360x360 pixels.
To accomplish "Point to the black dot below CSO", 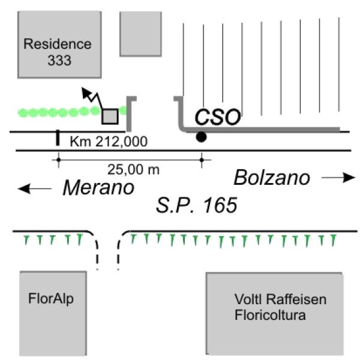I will (x=201, y=137).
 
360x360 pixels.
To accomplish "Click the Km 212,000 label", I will (x=109, y=142).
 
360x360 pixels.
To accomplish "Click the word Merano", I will (x=98, y=187).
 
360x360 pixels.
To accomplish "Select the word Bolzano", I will (x=272, y=178).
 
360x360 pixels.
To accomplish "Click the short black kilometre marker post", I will (x=58, y=139).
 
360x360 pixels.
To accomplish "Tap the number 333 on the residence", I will (x=58, y=60).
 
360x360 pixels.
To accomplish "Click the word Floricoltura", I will (x=269, y=314).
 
